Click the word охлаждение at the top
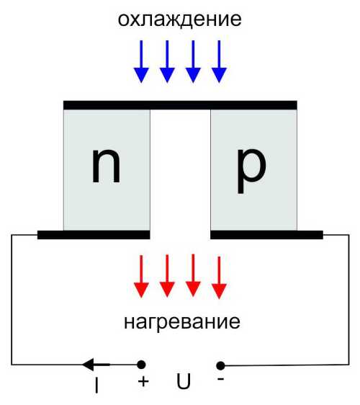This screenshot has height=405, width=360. coord(179,19)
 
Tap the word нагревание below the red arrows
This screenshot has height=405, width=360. coord(182,322)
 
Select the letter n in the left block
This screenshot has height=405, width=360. coord(106,166)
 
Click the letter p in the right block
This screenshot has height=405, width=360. coord(251,171)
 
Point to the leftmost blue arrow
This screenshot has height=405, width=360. coord(141,61)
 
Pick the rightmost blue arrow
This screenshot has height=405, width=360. coord(219,61)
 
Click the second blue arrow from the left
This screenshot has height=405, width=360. coord(167,61)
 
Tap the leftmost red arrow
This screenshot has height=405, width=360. coord(141,276)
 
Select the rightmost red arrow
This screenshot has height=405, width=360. coord(219,277)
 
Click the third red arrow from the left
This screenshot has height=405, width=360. coord(193,275)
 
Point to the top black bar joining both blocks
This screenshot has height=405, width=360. coord(180,105)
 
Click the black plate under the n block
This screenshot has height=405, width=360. coord(94,235)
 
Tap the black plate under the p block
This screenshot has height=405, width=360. coord(267,235)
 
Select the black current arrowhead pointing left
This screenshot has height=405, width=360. coord(88,365)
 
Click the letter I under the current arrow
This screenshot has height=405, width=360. coord(96,385)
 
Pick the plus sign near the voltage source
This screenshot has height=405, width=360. coord(143,381)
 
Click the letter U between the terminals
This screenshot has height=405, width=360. coord(184,381)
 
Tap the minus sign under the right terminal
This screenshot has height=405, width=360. coord(220,379)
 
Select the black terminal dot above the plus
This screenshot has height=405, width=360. coord(141,365)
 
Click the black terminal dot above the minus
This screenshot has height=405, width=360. coord(220,366)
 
